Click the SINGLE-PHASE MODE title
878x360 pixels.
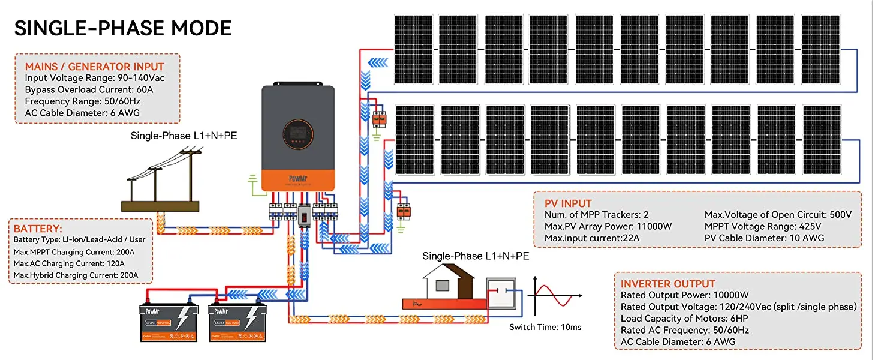click(x=123, y=29)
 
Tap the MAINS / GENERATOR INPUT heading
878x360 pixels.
click(x=94, y=67)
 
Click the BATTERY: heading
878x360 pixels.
click(x=38, y=229)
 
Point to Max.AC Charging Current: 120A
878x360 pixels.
click(x=69, y=263)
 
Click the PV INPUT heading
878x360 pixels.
click(x=568, y=203)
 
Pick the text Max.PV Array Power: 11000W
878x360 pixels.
click(x=608, y=226)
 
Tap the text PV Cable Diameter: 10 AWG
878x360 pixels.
click(x=764, y=238)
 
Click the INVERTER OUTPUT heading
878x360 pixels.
click(x=668, y=284)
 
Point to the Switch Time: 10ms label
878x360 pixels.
click(x=545, y=327)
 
